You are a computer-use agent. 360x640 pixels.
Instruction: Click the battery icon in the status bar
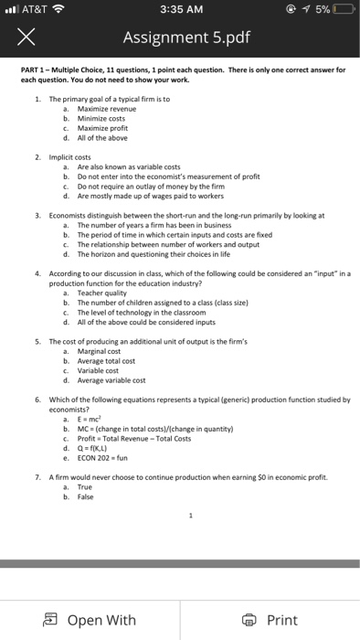[x=344, y=12]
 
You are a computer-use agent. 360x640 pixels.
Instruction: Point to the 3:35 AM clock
[x=179, y=12]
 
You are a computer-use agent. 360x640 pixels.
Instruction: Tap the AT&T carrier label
[x=36, y=12]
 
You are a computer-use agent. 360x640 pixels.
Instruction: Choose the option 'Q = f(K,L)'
[x=97, y=447]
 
